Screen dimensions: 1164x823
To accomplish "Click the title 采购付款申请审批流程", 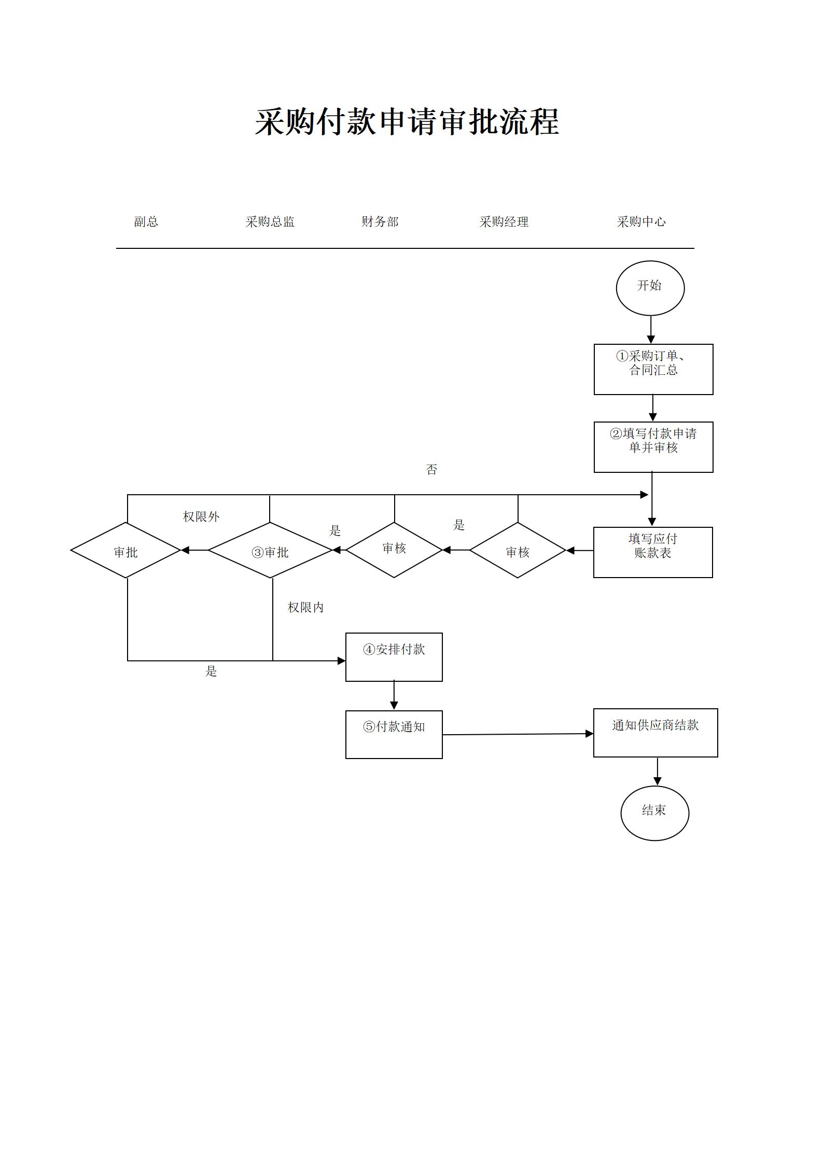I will coord(407,122).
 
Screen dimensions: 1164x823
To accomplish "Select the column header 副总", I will coord(146,222).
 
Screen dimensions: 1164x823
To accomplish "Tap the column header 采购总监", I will coord(270,222).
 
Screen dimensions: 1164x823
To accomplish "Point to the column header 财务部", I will coord(380,222).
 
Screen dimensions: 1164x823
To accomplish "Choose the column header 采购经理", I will coord(504,222).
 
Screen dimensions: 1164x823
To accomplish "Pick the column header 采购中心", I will coord(641,222).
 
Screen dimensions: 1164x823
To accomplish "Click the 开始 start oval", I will coord(650,288).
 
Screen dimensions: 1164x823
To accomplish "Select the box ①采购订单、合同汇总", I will coord(653,369).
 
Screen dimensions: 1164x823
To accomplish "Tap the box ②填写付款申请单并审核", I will coord(653,447).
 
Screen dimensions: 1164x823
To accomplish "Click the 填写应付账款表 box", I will coord(652,552).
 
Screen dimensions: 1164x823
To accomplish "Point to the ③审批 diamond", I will coord(270,551).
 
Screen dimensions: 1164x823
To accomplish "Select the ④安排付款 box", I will coord(394,657).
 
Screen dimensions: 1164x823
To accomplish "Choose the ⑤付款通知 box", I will coord(394,735).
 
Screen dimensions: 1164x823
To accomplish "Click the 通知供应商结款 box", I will coord(655,733).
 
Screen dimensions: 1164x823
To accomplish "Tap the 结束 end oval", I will coord(654,813).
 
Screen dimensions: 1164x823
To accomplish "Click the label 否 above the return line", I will coord(431,470).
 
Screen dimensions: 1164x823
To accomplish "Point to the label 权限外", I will coord(201,517).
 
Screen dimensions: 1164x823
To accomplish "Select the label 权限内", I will coord(305,608).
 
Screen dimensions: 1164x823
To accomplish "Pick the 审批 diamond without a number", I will coord(126,551).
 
